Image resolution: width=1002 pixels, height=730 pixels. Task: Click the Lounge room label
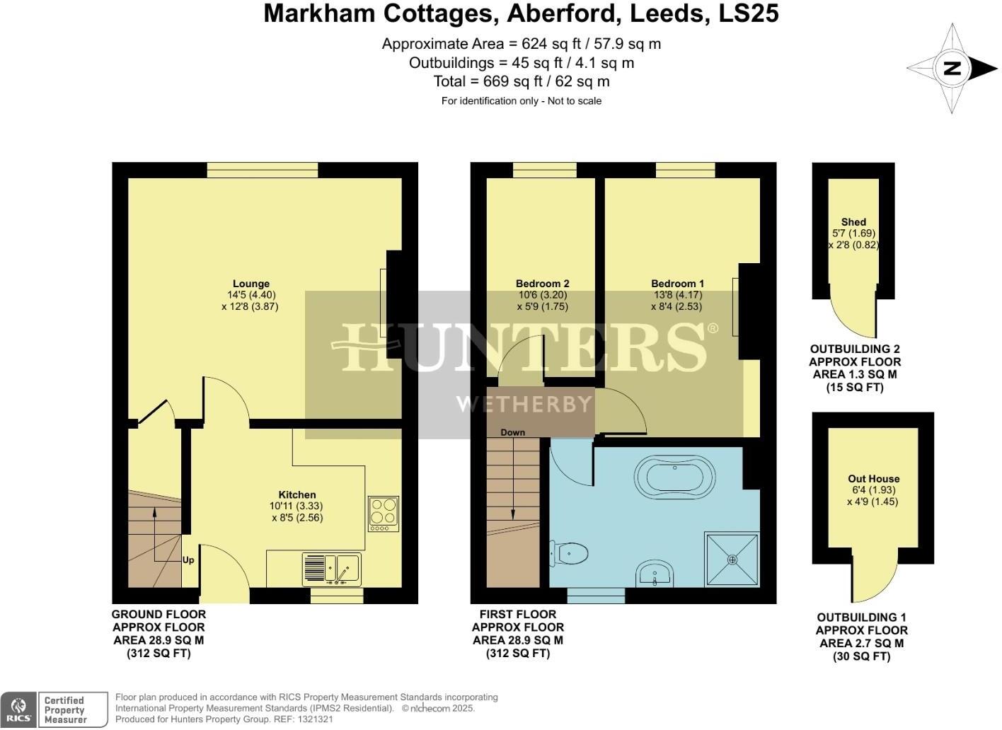click(x=250, y=284)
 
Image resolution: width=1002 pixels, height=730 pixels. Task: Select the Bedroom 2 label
click(x=542, y=284)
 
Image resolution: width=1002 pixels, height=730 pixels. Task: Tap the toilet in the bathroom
click(x=570, y=552)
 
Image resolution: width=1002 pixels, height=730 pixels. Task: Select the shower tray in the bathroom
click(x=732, y=559)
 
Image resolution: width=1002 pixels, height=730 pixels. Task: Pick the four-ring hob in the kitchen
click(x=384, y=514)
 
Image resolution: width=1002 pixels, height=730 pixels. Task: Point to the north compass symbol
click(x=952, y=69)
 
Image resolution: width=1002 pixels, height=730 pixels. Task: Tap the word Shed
click(x=853, y=222)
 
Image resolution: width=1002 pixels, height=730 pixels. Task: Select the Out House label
click(x=874, y=479)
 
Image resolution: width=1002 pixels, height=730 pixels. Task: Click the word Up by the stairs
click(x=188, y=560)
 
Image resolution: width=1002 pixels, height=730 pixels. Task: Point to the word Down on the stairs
click(x=512, y=432)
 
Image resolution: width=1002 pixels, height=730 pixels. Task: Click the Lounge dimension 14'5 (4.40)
click(x=251, y=295)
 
